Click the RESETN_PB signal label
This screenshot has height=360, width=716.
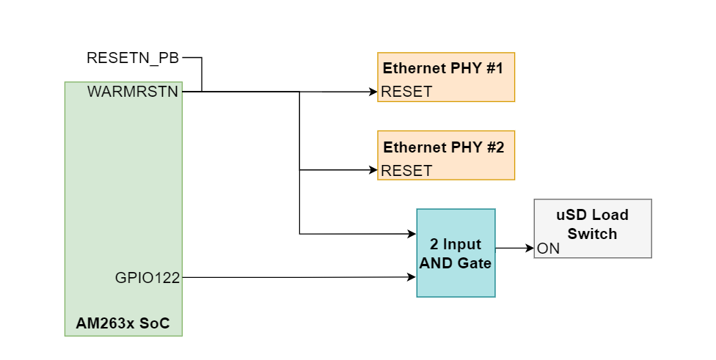pyautogui.click(x=132, y=58)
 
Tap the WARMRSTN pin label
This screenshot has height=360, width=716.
pyautogui.click(x=134, y=92)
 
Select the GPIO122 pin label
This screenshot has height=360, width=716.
pyautogui.click(x=147, y=278)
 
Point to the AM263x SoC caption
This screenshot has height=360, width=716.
pyautogui.click(x=123, y=323)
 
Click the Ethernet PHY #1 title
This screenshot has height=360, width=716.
pyautogui.click(x=442, y=69)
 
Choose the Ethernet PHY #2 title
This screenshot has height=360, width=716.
pyautogui.click(x=443, y=147)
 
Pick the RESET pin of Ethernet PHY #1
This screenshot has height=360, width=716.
pyautogui.click(x=407, y=92)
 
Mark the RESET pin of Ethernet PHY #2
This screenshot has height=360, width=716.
pyautogui.click(x=407, y=170)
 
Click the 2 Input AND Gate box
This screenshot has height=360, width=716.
pyautogui.click(x=456, y=253)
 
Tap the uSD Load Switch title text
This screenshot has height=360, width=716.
pyautogui.click(x=592, y=224)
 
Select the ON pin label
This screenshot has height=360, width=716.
pyautogui.click(x=548, y=249)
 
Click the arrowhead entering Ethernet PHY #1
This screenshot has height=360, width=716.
pyautogui.click(x=373, y=92)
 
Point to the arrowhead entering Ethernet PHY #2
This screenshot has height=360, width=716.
pyautogui.click(x=373, y=170)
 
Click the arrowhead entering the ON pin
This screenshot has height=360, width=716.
pyautogui.click(x=529, y=248)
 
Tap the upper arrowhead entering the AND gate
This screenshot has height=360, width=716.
pyautogui.click(x=412, y=234)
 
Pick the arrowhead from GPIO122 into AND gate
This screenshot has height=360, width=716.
pyautogui.click(x=412, y=277)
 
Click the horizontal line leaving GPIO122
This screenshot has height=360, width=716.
pyautogui.click(x=293, y=277)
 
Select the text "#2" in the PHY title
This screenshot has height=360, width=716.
pyautogui.click(x=494, y=147)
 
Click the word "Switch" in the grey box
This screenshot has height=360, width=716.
pyautogui.click(x=592, y=234)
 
